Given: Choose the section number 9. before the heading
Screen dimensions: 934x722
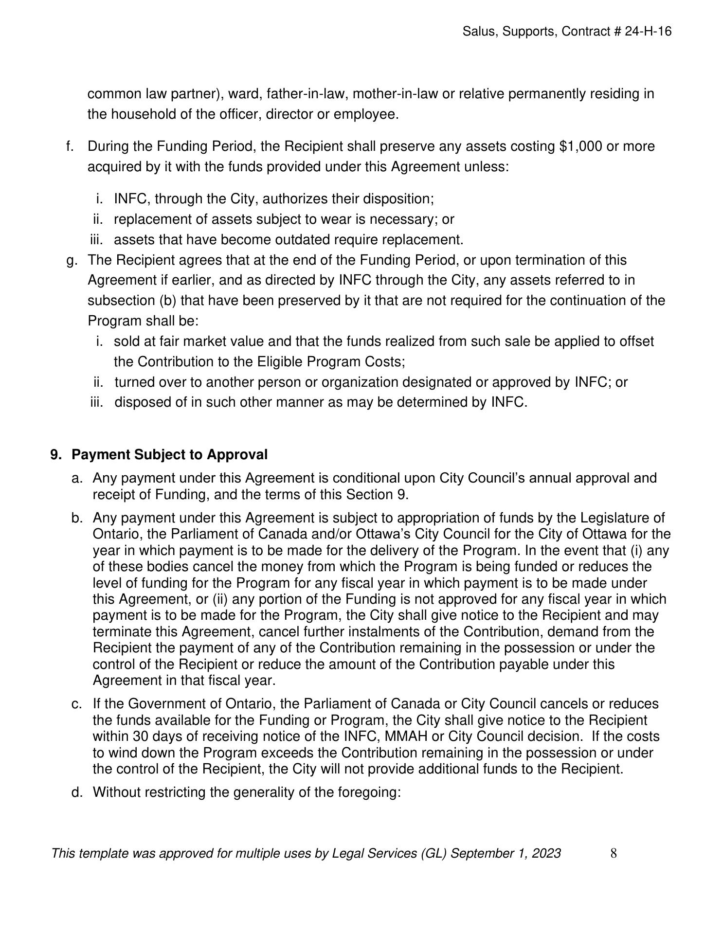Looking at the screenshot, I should click(56, 455).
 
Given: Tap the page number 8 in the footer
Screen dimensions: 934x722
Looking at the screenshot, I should click(614, 853).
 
